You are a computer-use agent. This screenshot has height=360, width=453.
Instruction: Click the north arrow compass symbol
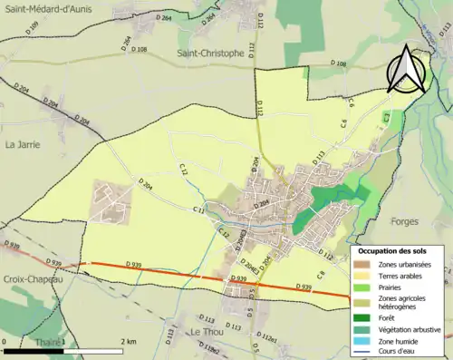[x=409, y=67]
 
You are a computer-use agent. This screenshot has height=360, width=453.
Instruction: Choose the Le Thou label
[x=207, y=332]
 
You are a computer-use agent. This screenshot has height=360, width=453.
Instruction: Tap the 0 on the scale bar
[x=6, y=341]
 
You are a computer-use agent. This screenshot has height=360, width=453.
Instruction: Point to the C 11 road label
[x=198, y=210]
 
